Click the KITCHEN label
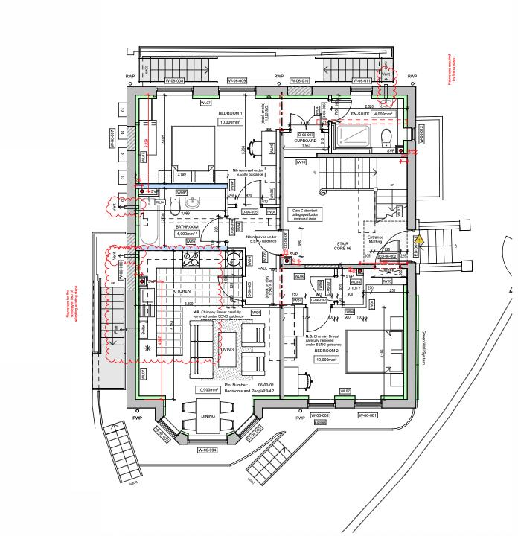tap(183, 290)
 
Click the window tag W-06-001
tap(368, 415)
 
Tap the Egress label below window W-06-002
tap(321, 422)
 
